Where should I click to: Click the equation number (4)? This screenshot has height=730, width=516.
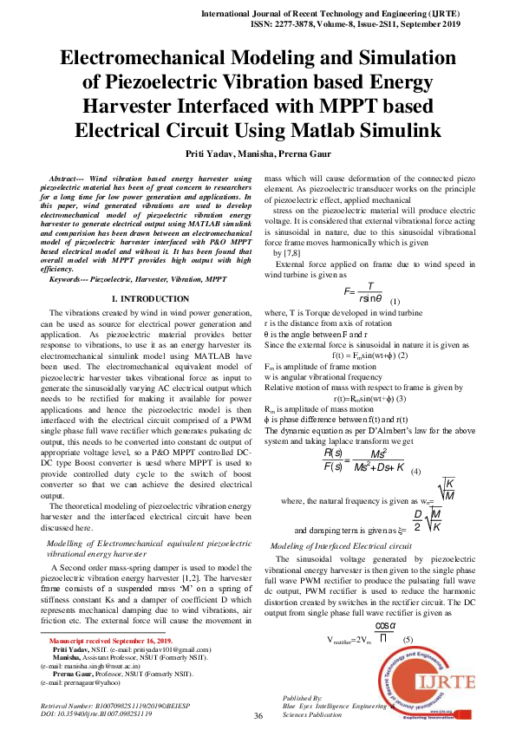click(415, 472)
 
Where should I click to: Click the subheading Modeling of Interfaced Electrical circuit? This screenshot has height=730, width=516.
click(341, 546)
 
